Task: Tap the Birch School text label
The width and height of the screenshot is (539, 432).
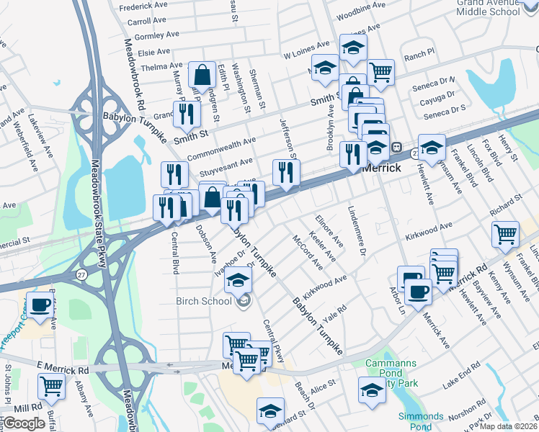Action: click(x=204, y=300)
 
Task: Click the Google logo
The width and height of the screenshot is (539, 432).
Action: click(x=24, y=423)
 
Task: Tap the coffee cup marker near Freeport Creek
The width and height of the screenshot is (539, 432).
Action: click(x=40, y=305)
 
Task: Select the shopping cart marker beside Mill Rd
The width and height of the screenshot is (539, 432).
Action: click(x=51, y=385)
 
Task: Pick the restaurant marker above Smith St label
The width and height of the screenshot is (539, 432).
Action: click(x=187, y=112)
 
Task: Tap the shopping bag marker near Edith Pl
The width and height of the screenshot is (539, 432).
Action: click(x=202, y=74)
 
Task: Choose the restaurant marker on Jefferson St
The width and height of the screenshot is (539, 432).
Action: click(x=286, y=171)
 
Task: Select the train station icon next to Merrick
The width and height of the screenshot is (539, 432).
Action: click(x=396, y=148)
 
